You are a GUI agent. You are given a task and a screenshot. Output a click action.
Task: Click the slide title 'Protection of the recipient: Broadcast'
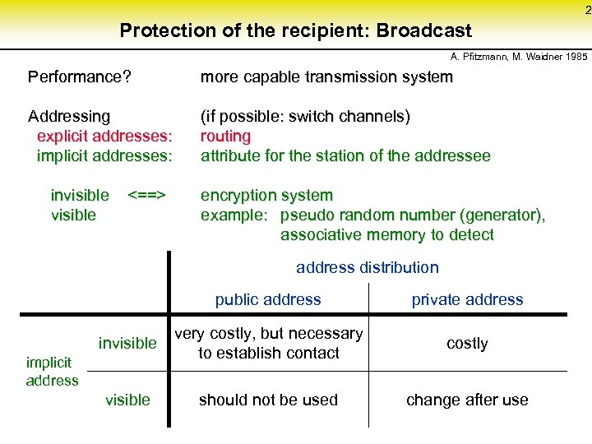[295, 31]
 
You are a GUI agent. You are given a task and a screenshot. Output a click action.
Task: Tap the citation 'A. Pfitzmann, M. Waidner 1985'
[519, 58]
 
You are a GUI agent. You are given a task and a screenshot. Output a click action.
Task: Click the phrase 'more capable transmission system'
[326, 77]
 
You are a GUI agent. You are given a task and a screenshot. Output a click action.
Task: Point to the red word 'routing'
[225, 136]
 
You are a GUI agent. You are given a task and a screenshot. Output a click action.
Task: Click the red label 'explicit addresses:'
[104, 136]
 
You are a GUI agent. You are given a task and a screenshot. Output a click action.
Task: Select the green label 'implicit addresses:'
[104, 156]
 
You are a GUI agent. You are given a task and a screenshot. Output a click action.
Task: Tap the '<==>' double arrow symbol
[147, 196]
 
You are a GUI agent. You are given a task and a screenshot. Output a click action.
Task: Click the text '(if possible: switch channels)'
[305, 117]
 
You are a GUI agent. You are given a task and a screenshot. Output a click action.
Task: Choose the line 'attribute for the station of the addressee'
[345, 156]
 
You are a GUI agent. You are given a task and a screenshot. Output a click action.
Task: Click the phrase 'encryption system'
[266, 196]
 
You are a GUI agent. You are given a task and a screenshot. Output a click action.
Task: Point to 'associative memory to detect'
[386, 235]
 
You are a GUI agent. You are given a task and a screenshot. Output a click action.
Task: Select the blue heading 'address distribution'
[367, 267]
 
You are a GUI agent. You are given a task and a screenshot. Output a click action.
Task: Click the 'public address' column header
[268, 300]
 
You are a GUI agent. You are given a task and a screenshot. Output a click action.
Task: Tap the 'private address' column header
[467, 300]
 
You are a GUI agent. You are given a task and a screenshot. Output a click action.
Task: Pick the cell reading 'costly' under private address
[467, 344]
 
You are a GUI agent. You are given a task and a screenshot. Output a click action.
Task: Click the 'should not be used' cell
[268, 400]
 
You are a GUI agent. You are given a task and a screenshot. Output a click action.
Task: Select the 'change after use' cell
[467, 400]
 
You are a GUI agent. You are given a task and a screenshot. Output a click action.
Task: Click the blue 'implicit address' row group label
[52, 371]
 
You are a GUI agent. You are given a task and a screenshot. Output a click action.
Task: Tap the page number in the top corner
[586, 10]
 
